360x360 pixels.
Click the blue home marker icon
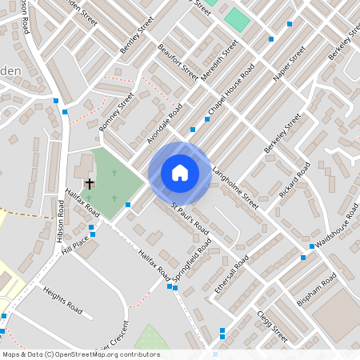click(x=180, y=172)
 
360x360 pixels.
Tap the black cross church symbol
click(x=89, y=184)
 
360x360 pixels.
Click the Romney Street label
click(x=117, y=111)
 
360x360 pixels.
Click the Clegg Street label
click(x=272, y=321)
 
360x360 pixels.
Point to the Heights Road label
click(x=63, y=298)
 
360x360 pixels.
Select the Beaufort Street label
click(x=178, y=62)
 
